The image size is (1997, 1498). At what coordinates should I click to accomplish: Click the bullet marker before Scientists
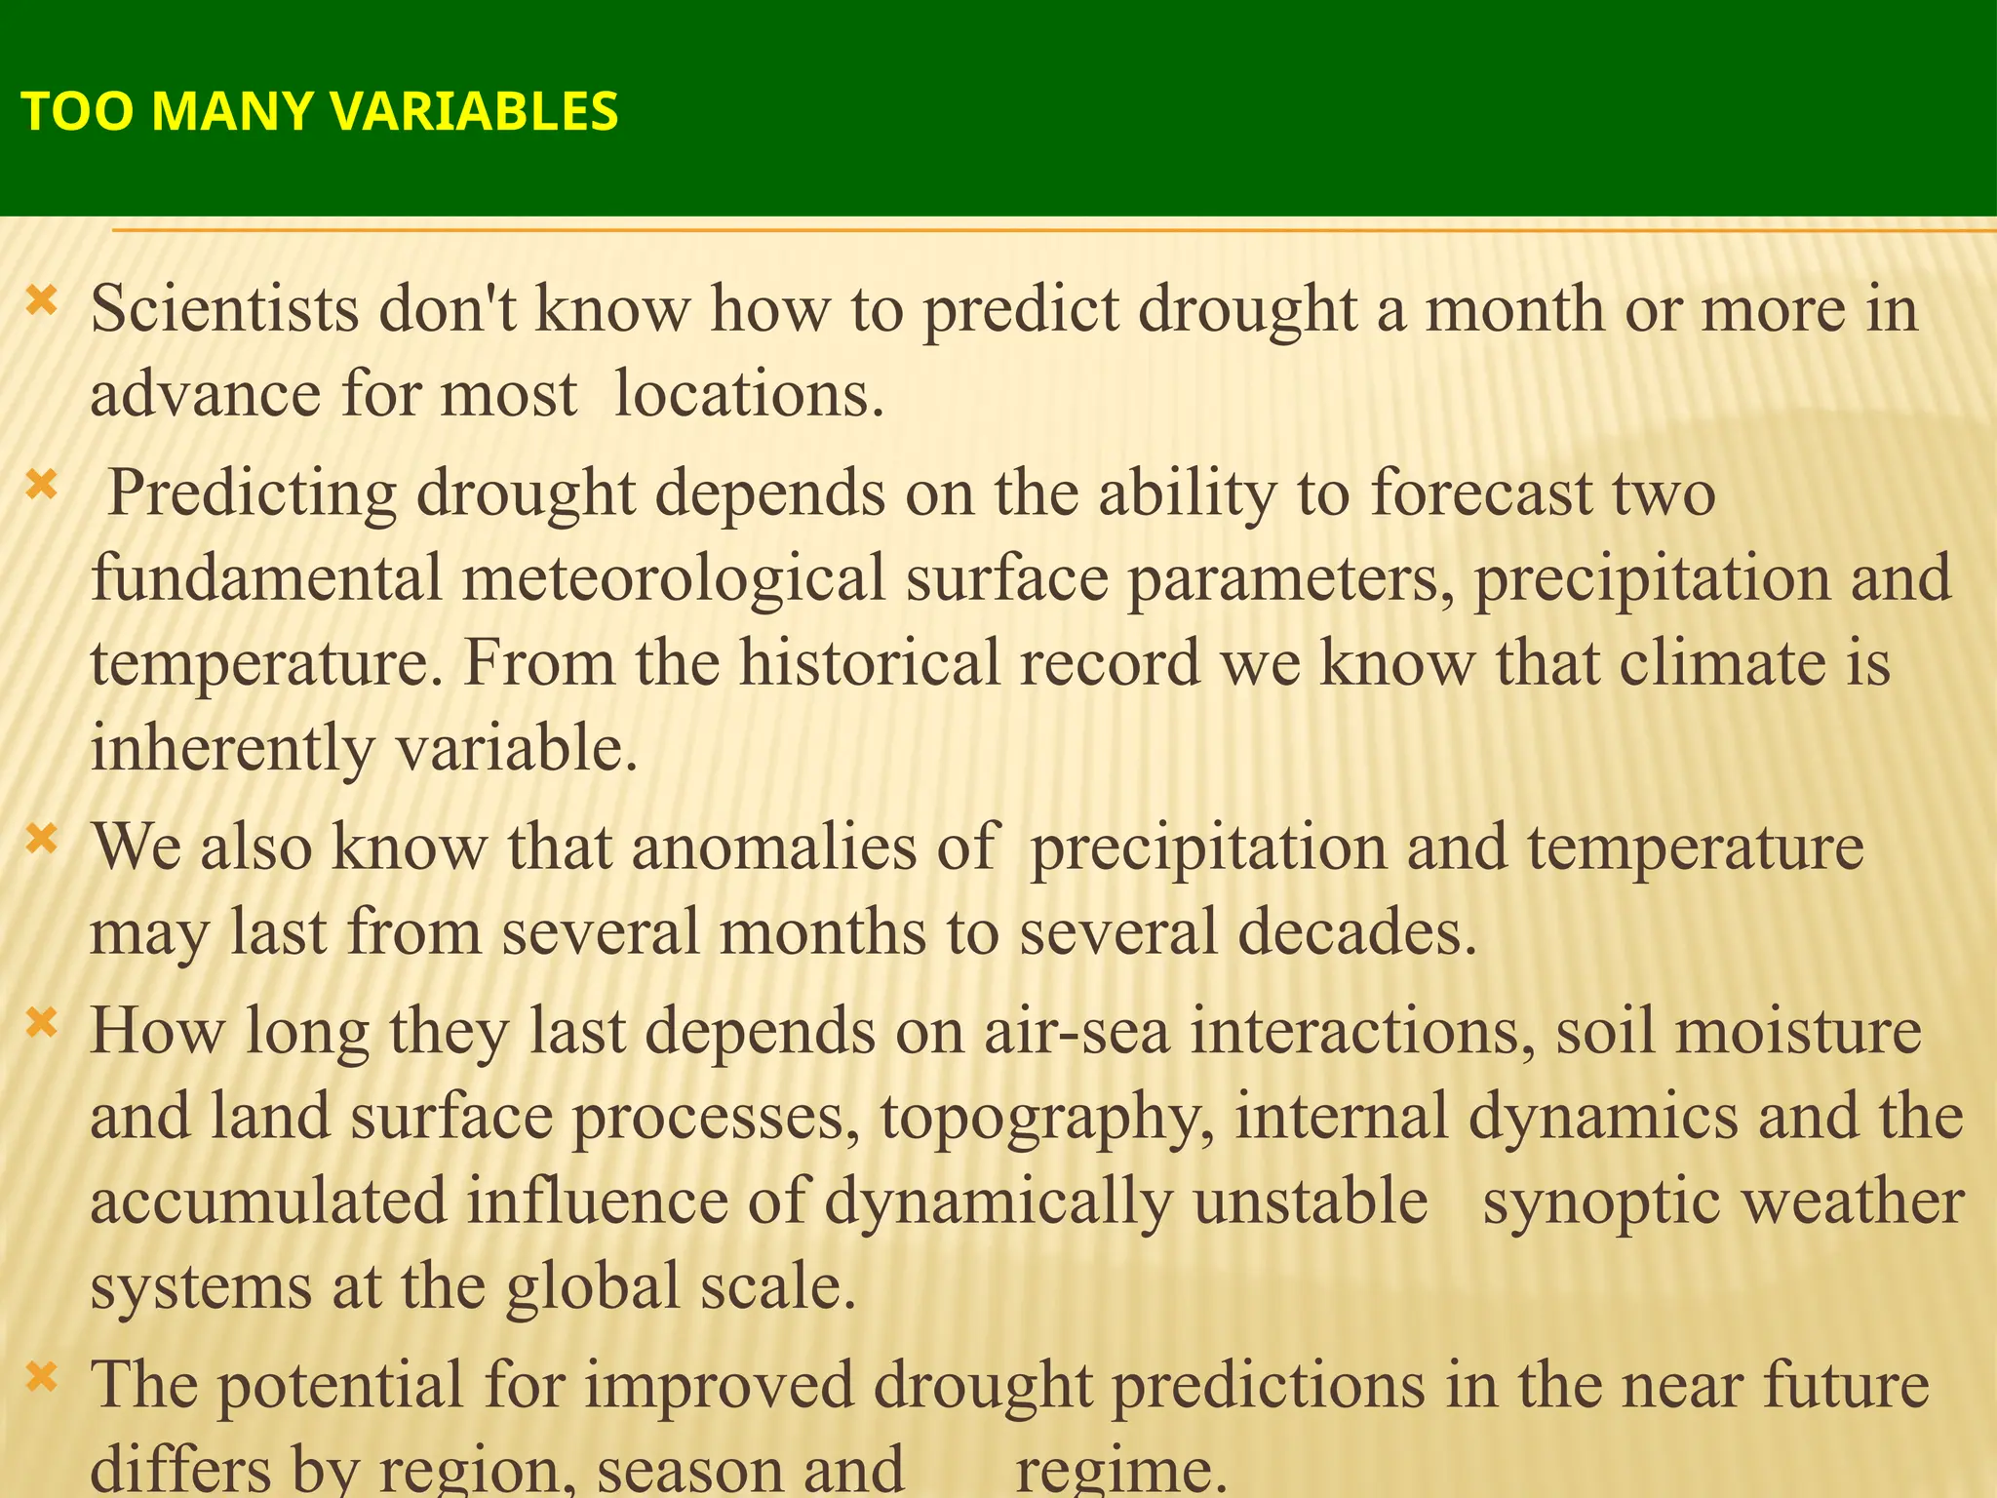click(x=42, y=299)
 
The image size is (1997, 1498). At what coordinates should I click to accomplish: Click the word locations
click(x=748, y=395)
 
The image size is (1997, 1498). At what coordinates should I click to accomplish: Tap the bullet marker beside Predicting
click(x=42, y=484)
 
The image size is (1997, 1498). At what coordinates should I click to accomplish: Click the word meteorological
click(x=673, y=577)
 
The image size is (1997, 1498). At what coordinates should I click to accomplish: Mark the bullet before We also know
click(x=42, y=838)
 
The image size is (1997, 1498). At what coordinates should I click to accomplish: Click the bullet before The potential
click(x=42, y=1376)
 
